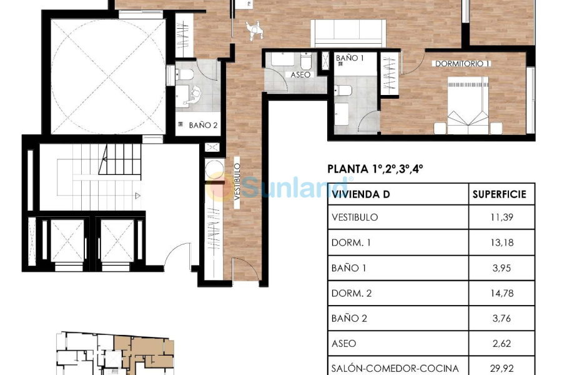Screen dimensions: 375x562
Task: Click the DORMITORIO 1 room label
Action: (x=462, y=63)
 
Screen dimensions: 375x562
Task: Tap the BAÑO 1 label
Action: (x=350, y=58)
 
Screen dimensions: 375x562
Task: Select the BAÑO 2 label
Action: (x=203, y=125)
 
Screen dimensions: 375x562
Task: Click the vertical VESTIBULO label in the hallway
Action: (x=237, y=181)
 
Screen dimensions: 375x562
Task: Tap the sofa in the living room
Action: (x=348, y=32)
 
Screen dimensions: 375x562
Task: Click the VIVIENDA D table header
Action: (x=361, y=194)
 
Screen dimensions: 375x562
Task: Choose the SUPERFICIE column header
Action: (x=499, y=194)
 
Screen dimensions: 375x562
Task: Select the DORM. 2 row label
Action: (x=352, y=293)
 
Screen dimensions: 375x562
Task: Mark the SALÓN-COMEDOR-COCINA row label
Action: (x=395, y=368)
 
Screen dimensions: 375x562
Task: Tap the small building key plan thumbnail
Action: (x=116, y=353)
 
